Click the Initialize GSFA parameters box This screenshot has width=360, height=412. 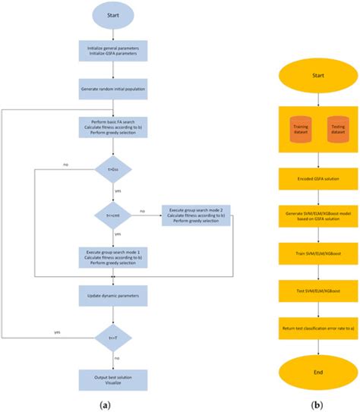pos(112,52)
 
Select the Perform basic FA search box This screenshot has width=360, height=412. pos(112,127)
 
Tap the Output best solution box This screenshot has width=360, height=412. pos(112,379)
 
